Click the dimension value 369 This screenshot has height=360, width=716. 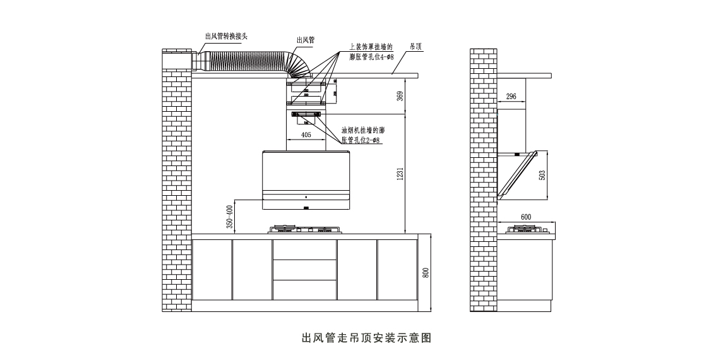click(400, 95)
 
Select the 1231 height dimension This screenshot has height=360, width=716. click(400, 174)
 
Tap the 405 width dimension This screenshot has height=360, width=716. click(306, 135)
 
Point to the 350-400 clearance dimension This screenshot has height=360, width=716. click(230, 216)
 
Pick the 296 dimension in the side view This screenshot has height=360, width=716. click(511, 97)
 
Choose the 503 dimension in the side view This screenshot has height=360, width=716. click(542, 174)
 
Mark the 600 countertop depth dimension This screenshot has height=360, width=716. click(526, 217)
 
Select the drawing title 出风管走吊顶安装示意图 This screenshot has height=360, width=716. click(367, 338)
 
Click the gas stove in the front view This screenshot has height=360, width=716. click(305, 229)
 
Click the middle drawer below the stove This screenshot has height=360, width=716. click(304, 270)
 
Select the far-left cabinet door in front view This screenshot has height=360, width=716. click(212, 270)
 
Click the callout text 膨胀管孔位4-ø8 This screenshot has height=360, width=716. click(372, 57)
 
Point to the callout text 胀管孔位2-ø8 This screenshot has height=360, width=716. click(360, 140)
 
